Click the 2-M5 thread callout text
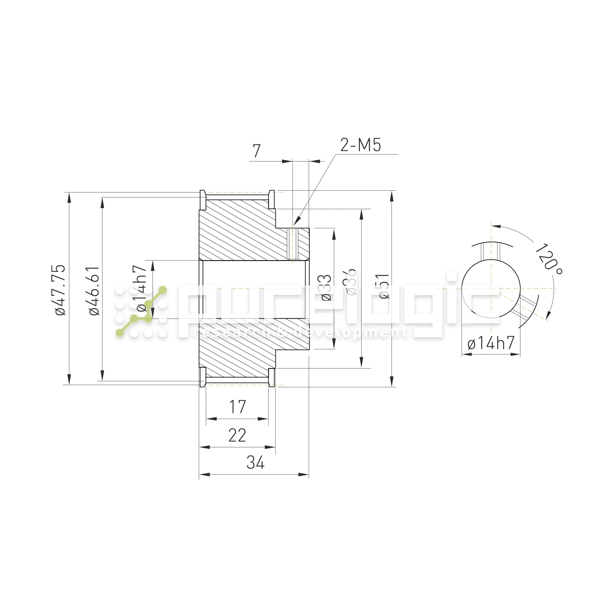360,145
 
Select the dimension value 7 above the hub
256,151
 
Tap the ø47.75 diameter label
60,290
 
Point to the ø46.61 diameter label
94,291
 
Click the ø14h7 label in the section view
141,288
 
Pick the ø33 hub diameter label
326,288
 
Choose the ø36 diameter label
351,282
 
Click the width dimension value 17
237,407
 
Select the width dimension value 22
237,435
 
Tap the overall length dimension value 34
255,463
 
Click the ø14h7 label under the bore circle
491,343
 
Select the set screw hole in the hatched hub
292,244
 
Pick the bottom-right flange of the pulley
272,378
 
